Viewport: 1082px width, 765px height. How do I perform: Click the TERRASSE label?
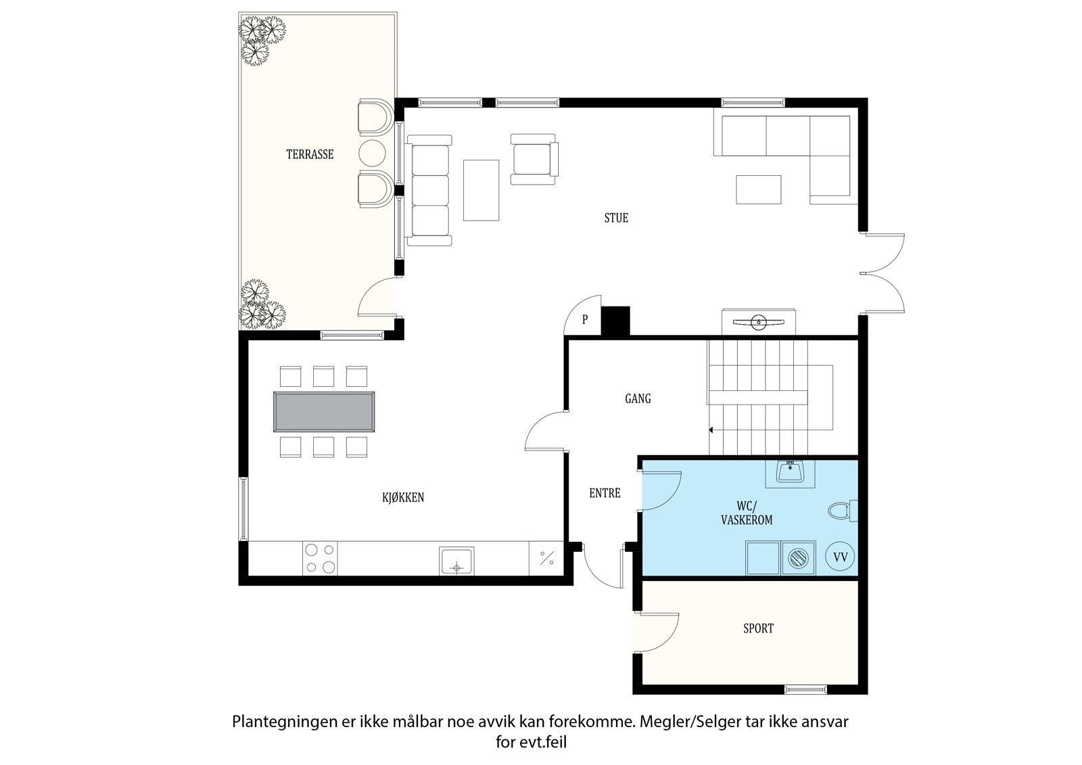[310, 155]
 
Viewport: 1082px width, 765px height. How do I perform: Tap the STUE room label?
[616, 218]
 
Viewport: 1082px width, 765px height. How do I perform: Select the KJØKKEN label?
[403, 497]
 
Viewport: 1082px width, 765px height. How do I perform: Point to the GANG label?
[638, 398]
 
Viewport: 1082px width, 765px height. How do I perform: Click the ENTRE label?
[605, 493]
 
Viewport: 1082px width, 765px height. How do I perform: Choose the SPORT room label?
[758, 628]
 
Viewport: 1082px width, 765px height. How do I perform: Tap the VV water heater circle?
[840, 557]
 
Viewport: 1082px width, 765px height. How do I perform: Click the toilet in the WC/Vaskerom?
[843, 511]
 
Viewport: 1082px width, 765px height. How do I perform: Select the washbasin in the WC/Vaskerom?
[791, 472]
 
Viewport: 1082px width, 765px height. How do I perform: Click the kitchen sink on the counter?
[456, 561]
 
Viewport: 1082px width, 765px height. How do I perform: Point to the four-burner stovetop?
[320, 559]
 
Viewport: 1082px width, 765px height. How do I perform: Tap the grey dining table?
[324, 411]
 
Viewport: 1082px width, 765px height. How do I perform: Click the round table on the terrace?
[372, 153]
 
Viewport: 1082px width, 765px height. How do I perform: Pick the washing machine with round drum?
[799, 558]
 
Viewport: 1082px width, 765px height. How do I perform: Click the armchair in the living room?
[534, 160]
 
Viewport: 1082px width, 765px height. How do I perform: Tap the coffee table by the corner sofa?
[758, 189]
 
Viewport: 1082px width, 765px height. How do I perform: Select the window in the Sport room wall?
[805, 690]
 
